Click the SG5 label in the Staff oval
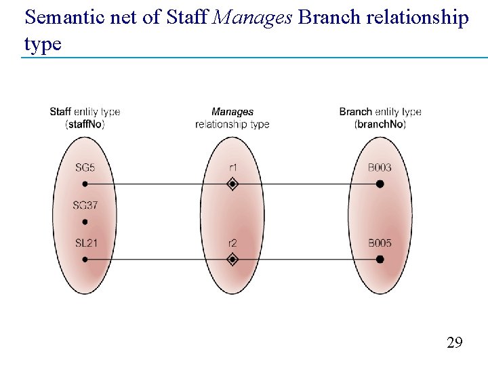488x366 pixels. point(85,167)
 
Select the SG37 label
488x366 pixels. point(85,205)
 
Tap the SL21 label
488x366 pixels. point(85,243)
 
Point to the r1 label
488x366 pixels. point(232,167)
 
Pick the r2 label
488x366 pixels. point(232,243)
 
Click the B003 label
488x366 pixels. point(380,167)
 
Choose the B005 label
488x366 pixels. point(380,243)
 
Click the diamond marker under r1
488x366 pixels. point(232,184)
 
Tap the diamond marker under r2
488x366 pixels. point(232,259)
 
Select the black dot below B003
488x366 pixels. point(380,184)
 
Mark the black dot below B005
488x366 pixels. point(380,259)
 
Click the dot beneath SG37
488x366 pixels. point(85,222)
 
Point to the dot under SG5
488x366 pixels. point(85,184)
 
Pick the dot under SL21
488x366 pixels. point(85,259)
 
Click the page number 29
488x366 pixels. point(455,342)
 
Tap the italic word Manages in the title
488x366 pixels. point(252,18)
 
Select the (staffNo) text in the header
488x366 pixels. point(85,124)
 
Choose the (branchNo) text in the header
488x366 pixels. point(380,124)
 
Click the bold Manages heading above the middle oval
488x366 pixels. point(232,112)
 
